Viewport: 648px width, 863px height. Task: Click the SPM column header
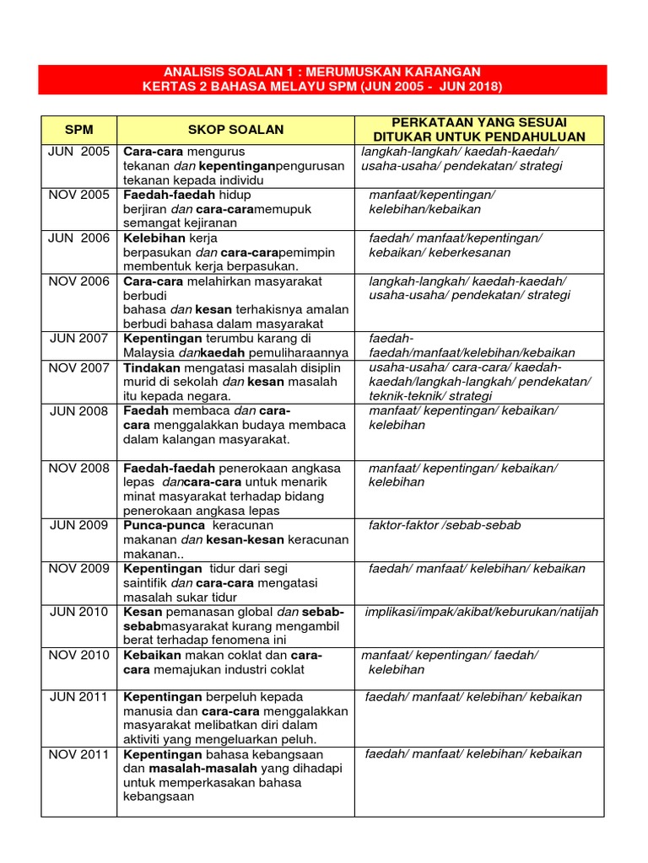point(78,130)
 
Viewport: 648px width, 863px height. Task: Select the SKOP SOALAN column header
point(235,130)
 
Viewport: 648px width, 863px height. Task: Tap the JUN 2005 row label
point(78,152)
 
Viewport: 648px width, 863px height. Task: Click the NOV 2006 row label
point(78,281)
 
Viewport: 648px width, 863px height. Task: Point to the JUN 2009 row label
point(78,525)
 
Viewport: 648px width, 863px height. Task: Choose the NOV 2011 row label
point(78,753)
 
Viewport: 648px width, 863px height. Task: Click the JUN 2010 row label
point(78,611)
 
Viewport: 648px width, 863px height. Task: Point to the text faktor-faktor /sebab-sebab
point(445,525)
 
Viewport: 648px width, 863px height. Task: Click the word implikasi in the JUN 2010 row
point(391,611)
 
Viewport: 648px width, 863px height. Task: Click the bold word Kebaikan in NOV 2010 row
point(152,655)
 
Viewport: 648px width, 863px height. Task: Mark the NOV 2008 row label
point(78,468)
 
